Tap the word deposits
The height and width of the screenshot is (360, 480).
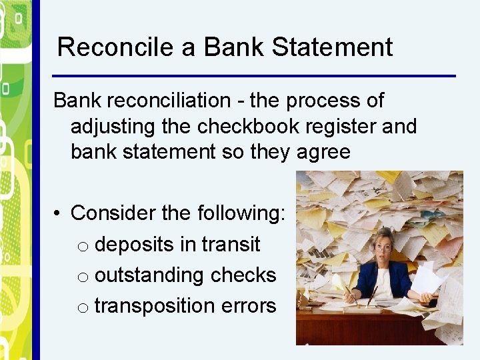[134, 245]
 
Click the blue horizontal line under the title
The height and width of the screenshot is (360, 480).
[253, 75]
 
